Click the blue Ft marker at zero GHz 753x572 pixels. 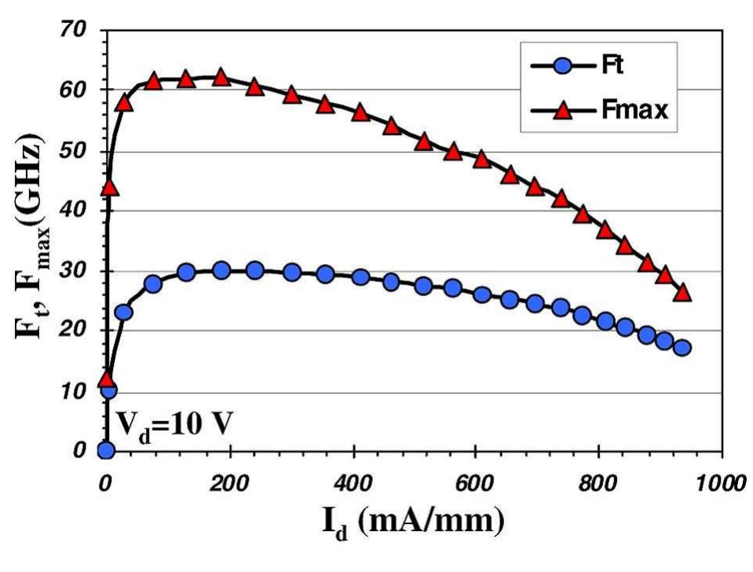pyautogui.click(x=105, y=450)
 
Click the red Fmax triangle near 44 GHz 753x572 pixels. pyautogui.click(x=109, y=188)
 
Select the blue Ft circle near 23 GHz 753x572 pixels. pyautogui.click(x=124, y=313)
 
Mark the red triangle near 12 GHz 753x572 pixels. pyautogui.click(x=106, y=379)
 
